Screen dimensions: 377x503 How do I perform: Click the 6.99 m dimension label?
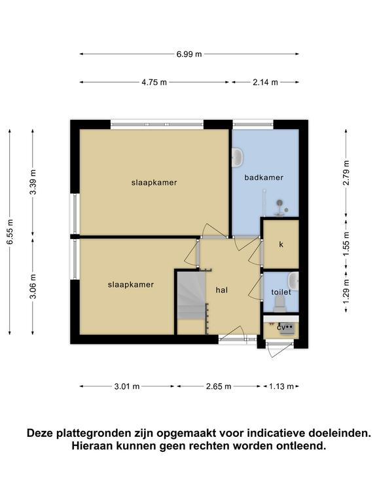pos(189,54)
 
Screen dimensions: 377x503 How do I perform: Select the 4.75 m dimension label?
pos(154,82)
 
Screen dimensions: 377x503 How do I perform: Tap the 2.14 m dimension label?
pos(265,82)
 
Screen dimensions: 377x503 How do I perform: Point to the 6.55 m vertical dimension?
pos(10,232)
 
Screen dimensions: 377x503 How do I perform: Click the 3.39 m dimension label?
pos(33,181)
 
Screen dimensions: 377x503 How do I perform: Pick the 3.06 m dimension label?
pos(33,286)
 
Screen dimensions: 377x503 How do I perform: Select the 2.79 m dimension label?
pos(346,173)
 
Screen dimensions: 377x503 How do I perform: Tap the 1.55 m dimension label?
pos(346,244)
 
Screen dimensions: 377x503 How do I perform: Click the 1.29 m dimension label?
pos(346,291)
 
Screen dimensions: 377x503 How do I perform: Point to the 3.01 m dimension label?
pos(127,386)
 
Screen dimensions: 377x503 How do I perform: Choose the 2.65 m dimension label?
pos(219,386)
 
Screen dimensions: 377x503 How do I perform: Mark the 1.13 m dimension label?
pos(281,386)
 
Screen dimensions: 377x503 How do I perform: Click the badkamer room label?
pos(264,177)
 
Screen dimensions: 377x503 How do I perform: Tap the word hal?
pos(222,290)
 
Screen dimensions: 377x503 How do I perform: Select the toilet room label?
pos(281,292)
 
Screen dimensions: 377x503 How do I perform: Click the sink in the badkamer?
pos(238,157)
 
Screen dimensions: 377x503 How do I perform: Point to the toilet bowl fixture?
pos(280,303)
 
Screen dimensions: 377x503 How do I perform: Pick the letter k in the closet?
pos(281,244)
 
